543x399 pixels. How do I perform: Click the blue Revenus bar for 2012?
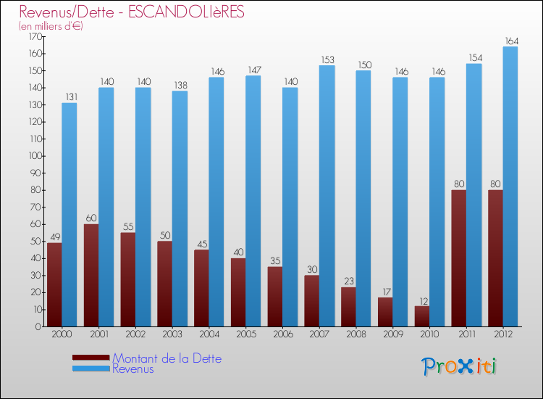pyautogui.click(x=510, y=186)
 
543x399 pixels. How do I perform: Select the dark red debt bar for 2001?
pyautogui.click(x=91, y=276)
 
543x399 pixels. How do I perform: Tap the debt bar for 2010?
pyautogui.click(x=421, y=316)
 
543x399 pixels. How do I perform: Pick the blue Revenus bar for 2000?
pyautogui.click(x=70, y=215)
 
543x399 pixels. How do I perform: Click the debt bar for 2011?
pyautogui.click(x=458, y=258)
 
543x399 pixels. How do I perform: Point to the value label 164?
pyautogui.click(x=510, y=41)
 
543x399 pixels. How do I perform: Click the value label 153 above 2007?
pyautogui.click(x=327, y=59)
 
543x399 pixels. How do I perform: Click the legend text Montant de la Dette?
pyautogui.click(x=167, y=358)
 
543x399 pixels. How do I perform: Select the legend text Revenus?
pyautogui.click(x=133, y=369)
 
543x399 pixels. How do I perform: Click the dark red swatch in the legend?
pyautogui.click(x=91, y=358)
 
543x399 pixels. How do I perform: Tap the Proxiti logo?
pyautogui.click(x=460, y=366)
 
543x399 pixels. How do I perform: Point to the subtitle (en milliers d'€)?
pyautogui.click(x=51, y=26)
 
